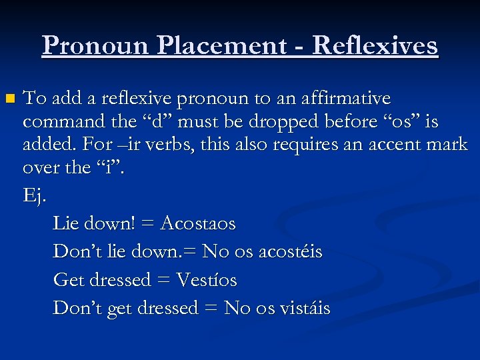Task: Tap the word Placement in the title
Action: tap(220, 46)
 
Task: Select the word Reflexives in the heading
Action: tap(375, 46)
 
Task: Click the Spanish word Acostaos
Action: tap(198, 223)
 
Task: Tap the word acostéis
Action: tap(288, 251)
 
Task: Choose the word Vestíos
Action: tap(207, 279)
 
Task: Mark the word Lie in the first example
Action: tap(65, 223)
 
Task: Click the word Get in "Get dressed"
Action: tap(68, 279)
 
